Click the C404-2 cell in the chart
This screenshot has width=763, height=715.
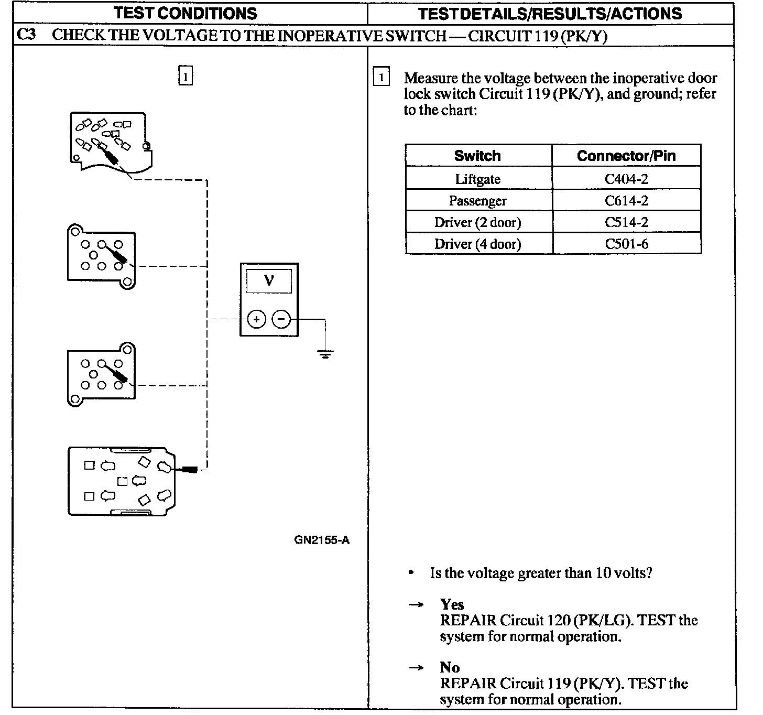click(626, 179)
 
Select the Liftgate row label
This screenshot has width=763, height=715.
click(477, 179)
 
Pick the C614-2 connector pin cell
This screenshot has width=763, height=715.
click(626, 201)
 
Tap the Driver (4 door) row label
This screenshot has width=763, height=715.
click(477, 244)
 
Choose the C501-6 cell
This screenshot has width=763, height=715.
click(626, 244)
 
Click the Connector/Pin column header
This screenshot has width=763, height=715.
click(626, 156)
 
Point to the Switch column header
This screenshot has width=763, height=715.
click(477, 156)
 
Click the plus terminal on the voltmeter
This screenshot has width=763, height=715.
click(256, 319)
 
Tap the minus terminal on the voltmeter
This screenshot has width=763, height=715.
click(281, 319)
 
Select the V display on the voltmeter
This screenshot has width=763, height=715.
click(269, 281)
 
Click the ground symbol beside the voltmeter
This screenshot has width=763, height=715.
click(325, 354)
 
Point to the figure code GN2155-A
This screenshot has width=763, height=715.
click(321, 540)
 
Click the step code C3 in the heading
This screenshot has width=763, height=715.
click(27, 35)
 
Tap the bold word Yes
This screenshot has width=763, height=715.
click(452, 604)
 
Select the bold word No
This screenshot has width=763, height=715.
click(450, 667)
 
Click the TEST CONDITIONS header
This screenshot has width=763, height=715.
click(186, 14)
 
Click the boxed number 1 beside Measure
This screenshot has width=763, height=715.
click(381, 78)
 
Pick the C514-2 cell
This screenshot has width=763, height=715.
click(626, 222)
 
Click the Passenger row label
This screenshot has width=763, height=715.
click(477, 201)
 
